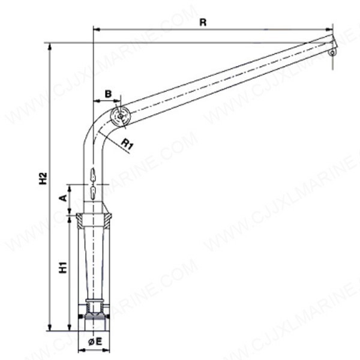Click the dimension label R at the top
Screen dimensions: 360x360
(x=203, y=22)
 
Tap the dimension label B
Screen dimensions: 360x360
(x=108, y=94)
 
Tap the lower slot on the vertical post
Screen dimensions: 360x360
(x=93, y=192)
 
